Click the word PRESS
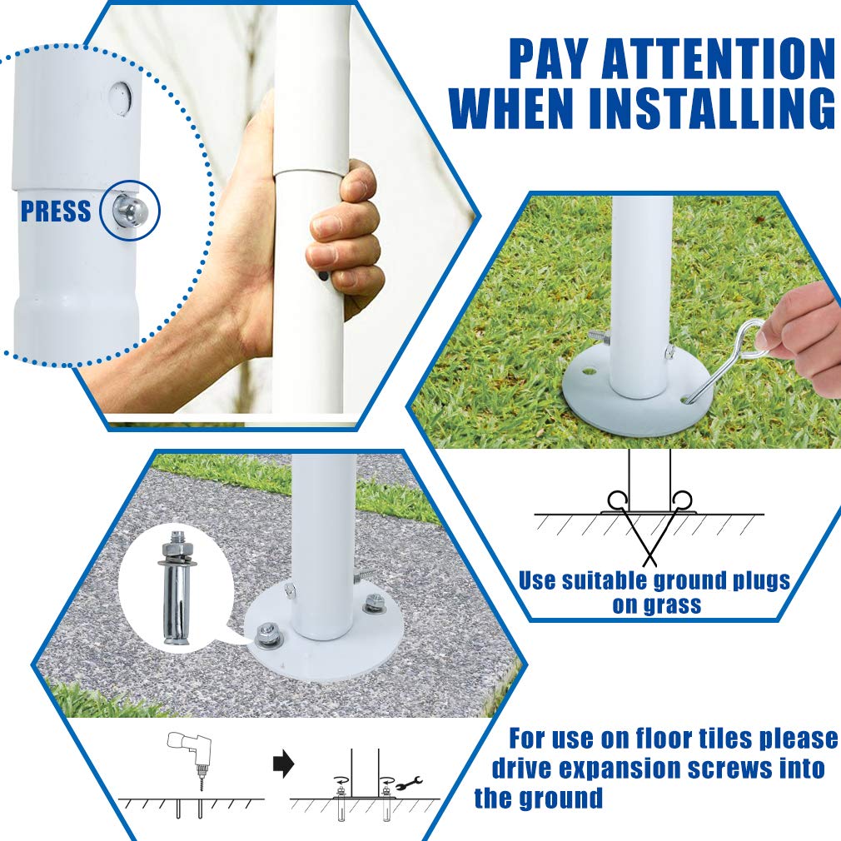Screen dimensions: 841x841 coord(56,211)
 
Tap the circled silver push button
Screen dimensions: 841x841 coord(129,210)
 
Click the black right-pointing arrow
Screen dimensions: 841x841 coord(283,764)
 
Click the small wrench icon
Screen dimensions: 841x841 coord(409,784)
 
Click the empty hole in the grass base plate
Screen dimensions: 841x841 coord(591,371)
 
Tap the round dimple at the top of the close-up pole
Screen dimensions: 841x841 coord(120,97)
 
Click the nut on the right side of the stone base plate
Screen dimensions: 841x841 coord(370,606)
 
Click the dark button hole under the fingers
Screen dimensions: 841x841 coord(323,276)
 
